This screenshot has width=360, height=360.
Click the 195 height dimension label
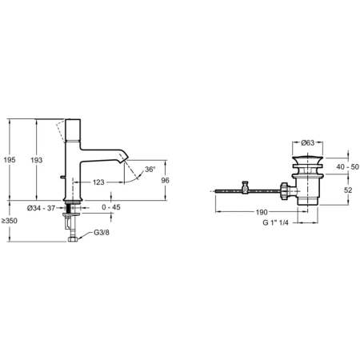[x=10, y=160]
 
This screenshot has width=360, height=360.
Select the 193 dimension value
[x=37, y=160]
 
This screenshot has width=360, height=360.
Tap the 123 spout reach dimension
[x=98, y=182]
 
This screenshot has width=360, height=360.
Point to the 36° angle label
[x=150, y=170]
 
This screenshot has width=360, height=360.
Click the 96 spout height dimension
[x=165, y=181]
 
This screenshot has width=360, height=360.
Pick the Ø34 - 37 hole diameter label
[x=41, y=208]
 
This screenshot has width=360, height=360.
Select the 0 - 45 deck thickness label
[x=111, y=207]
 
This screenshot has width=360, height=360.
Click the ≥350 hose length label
[x=10, y=221]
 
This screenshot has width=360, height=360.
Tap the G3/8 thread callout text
[x=102, y=233]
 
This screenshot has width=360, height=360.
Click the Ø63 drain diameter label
[x=308, y=142]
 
